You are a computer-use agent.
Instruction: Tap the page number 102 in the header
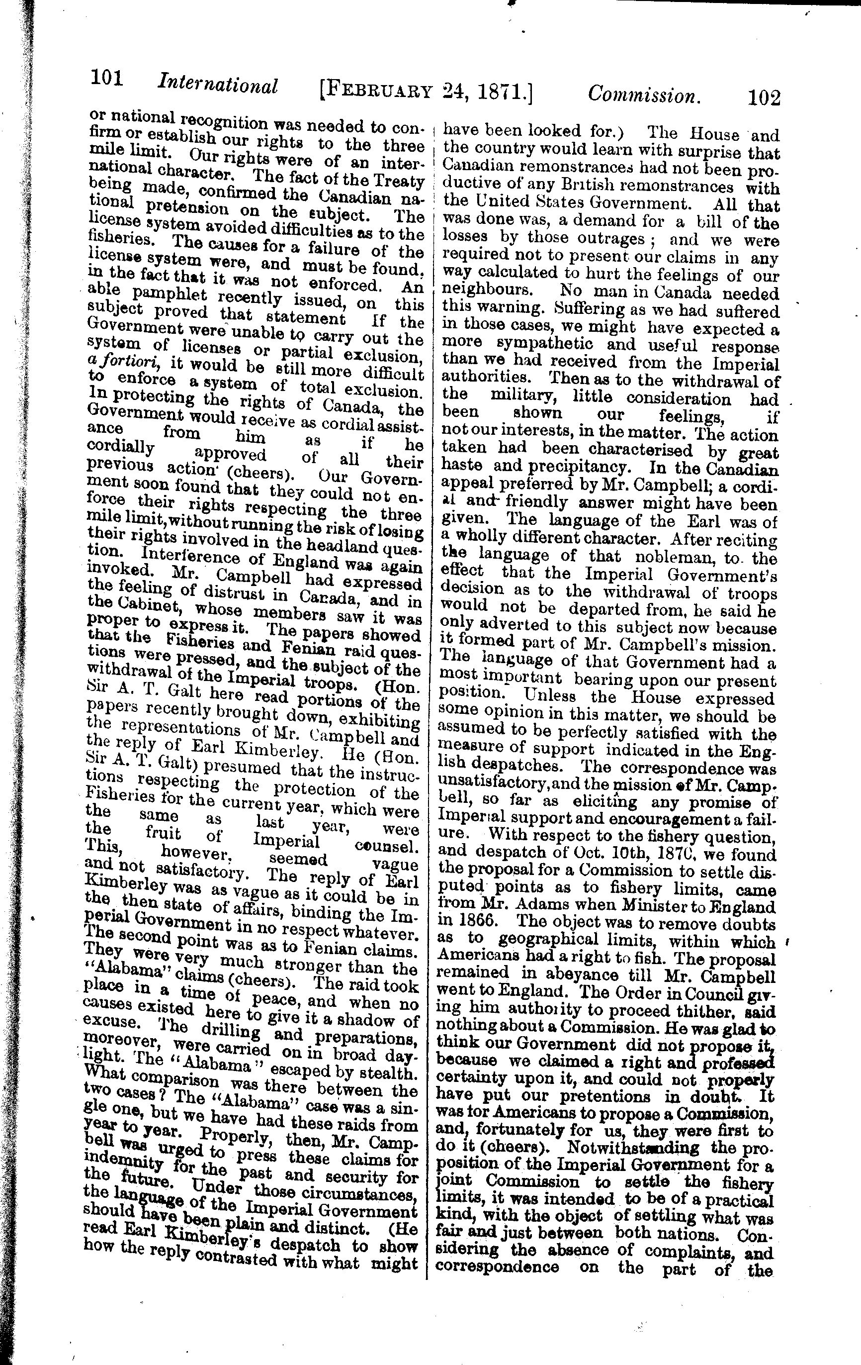(x=764, y=97)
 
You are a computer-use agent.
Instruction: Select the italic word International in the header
(x=218, y=85)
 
